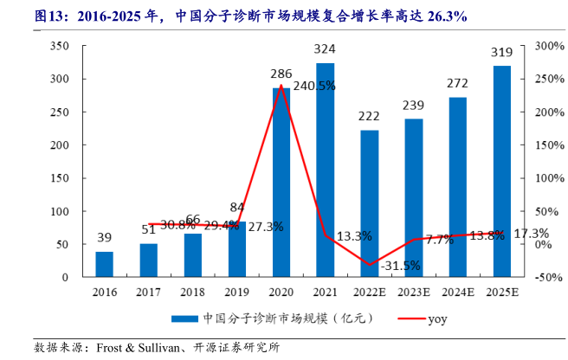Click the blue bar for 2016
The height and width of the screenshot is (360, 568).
click(x=104, y=264)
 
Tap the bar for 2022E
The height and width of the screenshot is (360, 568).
click(x=370, y=203)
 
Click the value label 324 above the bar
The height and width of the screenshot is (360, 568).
click(x=325, y=48)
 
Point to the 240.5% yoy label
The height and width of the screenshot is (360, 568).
click(x=314, y=87)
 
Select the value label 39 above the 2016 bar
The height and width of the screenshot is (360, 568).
click(x=104, y=238)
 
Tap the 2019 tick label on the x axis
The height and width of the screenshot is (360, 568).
click(x=236, y=292)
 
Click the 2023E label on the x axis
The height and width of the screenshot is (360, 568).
click(x=414, y=292)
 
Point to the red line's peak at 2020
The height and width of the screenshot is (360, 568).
click(x=281, y=85)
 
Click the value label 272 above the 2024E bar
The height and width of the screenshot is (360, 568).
click(x=458, y=83)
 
